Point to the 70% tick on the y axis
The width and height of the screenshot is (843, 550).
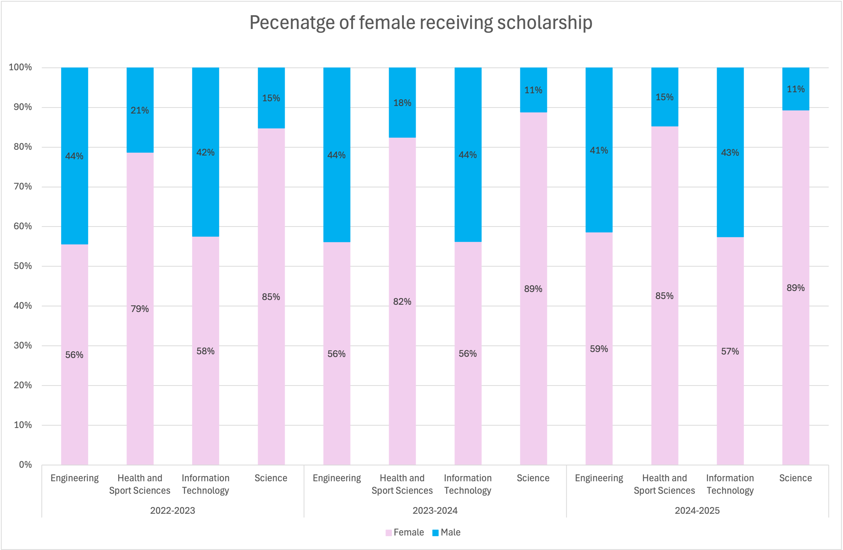pos(23,186)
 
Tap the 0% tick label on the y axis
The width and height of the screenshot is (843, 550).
pos(25,464)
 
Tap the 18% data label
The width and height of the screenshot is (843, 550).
pos(402,103)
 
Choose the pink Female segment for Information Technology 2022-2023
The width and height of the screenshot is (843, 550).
pos(205,390)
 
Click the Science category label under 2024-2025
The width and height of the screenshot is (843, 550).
pos(795,478)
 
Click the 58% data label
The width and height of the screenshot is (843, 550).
pos(205,351)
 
